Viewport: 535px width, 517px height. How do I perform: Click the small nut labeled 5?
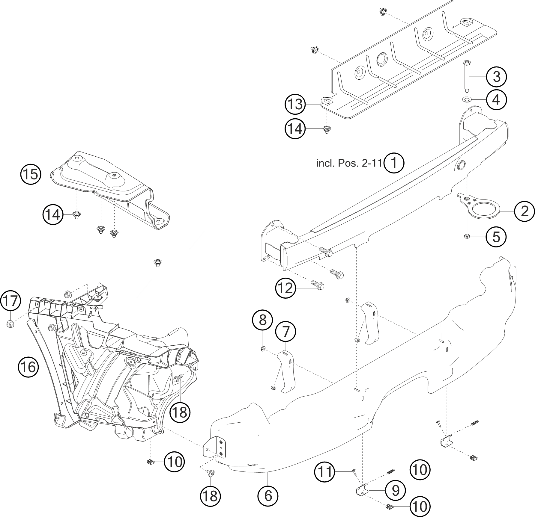467,237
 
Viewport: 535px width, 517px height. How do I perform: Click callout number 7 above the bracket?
286,332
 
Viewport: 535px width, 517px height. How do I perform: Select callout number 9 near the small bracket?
396,490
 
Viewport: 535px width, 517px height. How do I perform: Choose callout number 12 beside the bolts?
285,288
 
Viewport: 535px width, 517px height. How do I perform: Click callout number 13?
295,105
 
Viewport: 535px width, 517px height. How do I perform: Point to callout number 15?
31,174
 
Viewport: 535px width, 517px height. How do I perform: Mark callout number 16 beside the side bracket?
28,367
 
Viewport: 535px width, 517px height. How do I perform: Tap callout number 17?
10,301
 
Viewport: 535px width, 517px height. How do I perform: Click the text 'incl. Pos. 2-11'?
349,164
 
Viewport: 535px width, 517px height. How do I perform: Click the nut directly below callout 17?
10,324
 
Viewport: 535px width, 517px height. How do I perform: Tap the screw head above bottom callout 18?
211,473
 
